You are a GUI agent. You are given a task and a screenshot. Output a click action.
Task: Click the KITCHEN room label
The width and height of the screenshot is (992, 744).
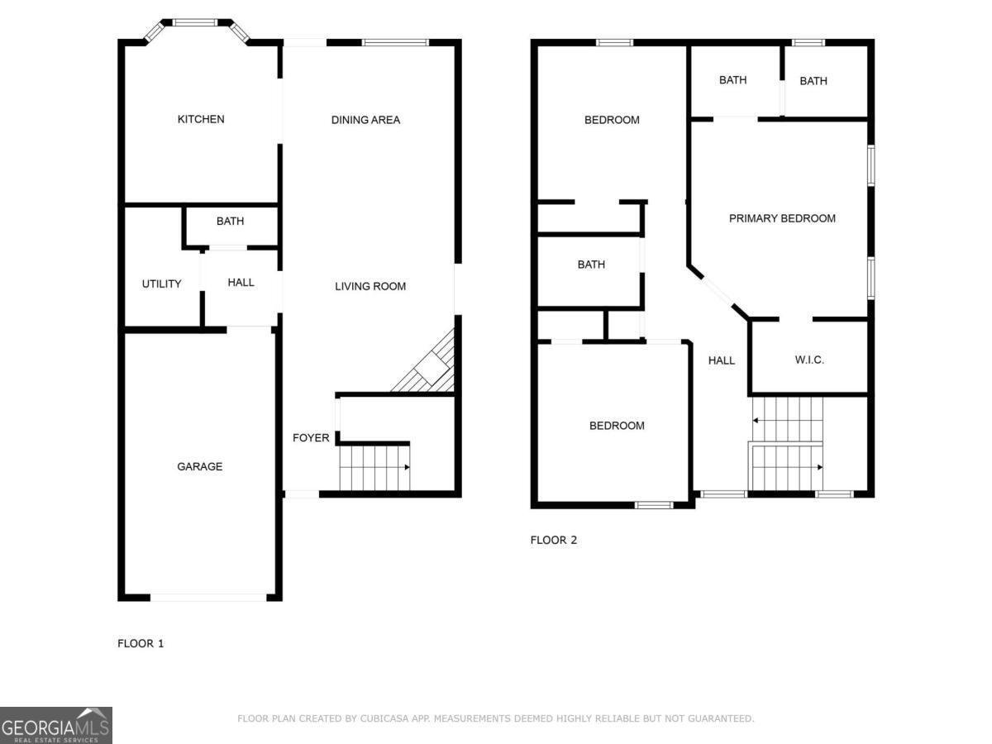[x=201, y=119]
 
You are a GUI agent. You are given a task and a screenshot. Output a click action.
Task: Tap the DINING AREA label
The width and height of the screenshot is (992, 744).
[x=365, y=120]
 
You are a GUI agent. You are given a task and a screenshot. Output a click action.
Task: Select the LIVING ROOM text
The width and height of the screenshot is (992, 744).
[x=370, y=286]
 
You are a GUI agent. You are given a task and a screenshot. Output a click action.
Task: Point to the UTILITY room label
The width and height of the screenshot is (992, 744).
[x=161, y=284]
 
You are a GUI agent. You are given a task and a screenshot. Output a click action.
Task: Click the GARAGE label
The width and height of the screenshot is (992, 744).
[x=199, y=466]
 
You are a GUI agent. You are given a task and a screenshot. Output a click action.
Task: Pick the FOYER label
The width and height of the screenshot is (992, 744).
[x=311, y=437]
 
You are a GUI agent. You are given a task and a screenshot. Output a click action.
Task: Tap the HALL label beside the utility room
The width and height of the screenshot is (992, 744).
[x=241, y=282]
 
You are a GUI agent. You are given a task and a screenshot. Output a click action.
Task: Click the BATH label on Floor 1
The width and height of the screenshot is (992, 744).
[x=230, y=221]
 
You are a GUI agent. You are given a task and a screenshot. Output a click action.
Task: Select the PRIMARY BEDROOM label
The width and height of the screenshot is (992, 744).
[x=782, y=218]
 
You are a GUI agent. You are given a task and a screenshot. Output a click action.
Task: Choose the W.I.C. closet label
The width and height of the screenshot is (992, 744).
[x=809, y=360]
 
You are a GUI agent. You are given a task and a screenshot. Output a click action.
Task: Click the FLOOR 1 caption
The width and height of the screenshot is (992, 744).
[x=141, y=643]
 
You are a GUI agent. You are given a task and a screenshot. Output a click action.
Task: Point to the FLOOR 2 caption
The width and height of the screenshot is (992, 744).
[x=554, y=540]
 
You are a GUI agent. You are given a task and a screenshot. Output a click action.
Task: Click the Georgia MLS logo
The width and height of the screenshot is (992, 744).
[x=55, y=725]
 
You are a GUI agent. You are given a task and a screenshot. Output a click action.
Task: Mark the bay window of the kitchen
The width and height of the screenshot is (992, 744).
[x=197, y=24]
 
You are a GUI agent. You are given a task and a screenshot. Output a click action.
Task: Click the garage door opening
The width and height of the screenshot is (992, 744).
[x=208, y=597]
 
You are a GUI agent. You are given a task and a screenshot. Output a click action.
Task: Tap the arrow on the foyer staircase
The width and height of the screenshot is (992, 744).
[x=406, y=467]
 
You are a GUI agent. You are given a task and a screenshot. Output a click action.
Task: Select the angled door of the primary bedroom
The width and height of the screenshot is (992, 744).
[x=716, y=291]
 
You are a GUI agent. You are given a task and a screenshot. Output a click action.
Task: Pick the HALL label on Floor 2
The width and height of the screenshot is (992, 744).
[x=721, y=360]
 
